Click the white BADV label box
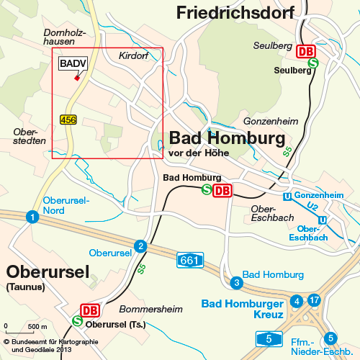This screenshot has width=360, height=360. (73, 65)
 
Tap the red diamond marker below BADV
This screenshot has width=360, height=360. (77, 78)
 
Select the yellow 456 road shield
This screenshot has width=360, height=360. (68, 120)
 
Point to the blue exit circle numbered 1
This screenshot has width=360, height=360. (32, 217)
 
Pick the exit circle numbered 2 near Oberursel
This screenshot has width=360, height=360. (141, 246)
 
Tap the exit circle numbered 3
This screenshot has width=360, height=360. (235, 282)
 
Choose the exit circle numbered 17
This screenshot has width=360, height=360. (313, 300)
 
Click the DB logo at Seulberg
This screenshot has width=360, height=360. (306, 51)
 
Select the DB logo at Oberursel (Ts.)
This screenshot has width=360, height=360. (90, 310)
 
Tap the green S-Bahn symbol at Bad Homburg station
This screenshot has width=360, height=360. (207, 190)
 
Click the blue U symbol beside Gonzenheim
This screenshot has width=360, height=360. (287, 196)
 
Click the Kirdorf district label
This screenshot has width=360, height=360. (132, 55)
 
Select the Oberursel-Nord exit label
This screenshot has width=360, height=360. (64, 205)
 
